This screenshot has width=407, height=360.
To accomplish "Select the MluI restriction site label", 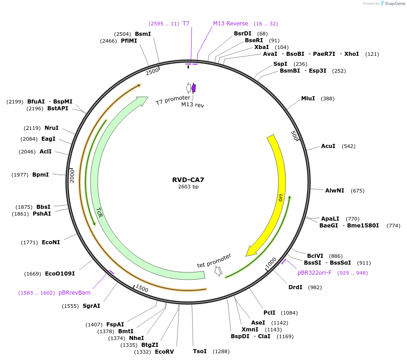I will (x=308, y=99).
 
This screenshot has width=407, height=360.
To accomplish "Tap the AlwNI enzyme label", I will (x=335, y=191).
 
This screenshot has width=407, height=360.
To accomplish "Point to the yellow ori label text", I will (x=281, y=197).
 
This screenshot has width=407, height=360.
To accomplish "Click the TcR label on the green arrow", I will (x=99, y=212).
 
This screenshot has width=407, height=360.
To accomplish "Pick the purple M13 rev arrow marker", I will (x=194, y=88).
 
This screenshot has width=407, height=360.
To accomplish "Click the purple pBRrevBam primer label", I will (x=74, y=293).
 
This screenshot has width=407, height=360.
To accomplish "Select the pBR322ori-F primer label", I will (x=314, y=273).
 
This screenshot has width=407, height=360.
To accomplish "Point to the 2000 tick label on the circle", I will (x=72, y=176).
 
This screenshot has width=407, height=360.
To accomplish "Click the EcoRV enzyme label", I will (x=164, y=352).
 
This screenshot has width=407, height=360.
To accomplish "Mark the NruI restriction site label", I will (x=52, y=128).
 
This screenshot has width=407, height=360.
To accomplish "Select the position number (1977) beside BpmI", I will (x=21, y=175).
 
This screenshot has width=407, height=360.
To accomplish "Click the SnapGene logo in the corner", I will (x=393, y=4).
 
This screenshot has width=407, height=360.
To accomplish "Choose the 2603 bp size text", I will (x=189, y=187).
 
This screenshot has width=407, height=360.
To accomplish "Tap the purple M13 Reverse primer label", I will (x=231, y=24).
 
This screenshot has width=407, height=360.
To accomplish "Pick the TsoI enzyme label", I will (x=200, y=351).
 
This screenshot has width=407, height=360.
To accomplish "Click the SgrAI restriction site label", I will (x=91, y=306).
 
